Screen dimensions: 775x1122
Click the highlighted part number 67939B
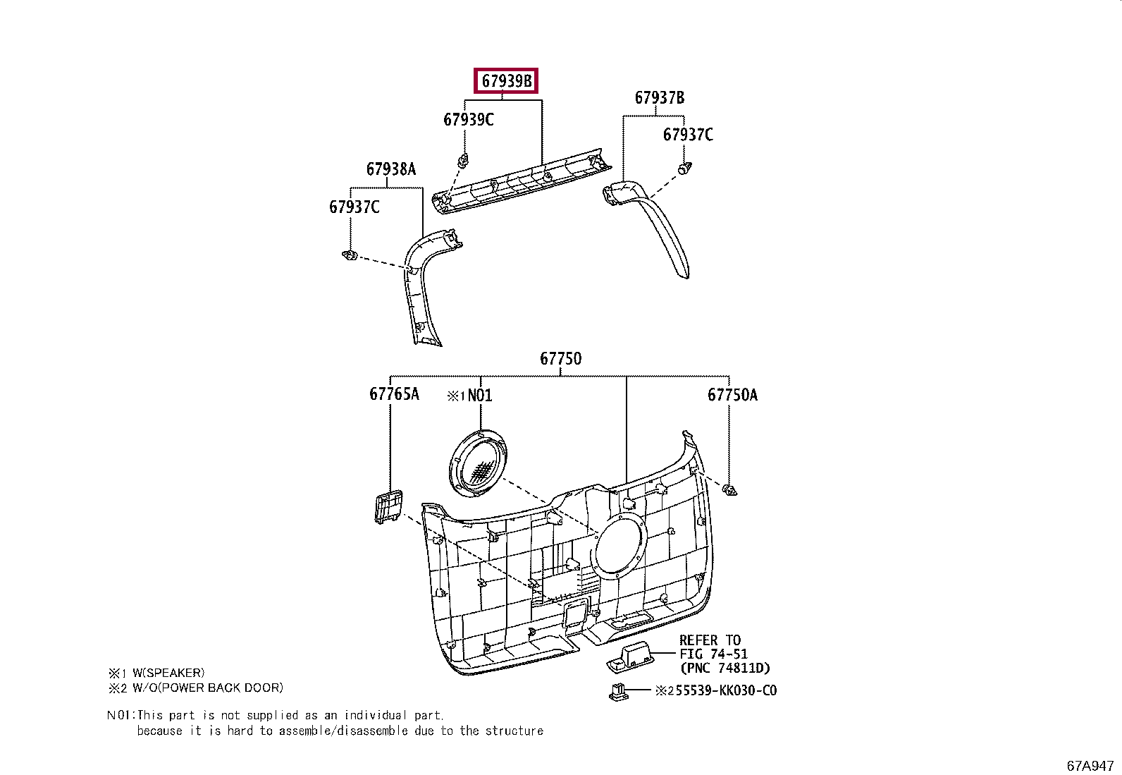pos(506,82)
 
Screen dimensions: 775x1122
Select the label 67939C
pos(468,119)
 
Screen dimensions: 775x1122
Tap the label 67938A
pos(390,169)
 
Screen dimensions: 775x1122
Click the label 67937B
pos(659,97)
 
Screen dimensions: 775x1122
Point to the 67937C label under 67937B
pos(688,134)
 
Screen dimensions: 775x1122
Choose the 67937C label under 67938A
pos(354,207)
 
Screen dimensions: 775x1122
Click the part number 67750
pos(561,358)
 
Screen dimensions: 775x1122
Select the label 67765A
pos(394,393)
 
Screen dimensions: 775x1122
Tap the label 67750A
pos(732,395)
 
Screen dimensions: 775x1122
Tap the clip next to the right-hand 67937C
pos(683,169)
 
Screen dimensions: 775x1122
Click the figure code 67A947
pos(1090,765)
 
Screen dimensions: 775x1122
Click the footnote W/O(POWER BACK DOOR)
pos(203,688)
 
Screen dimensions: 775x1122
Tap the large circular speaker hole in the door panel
pos(619,544)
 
